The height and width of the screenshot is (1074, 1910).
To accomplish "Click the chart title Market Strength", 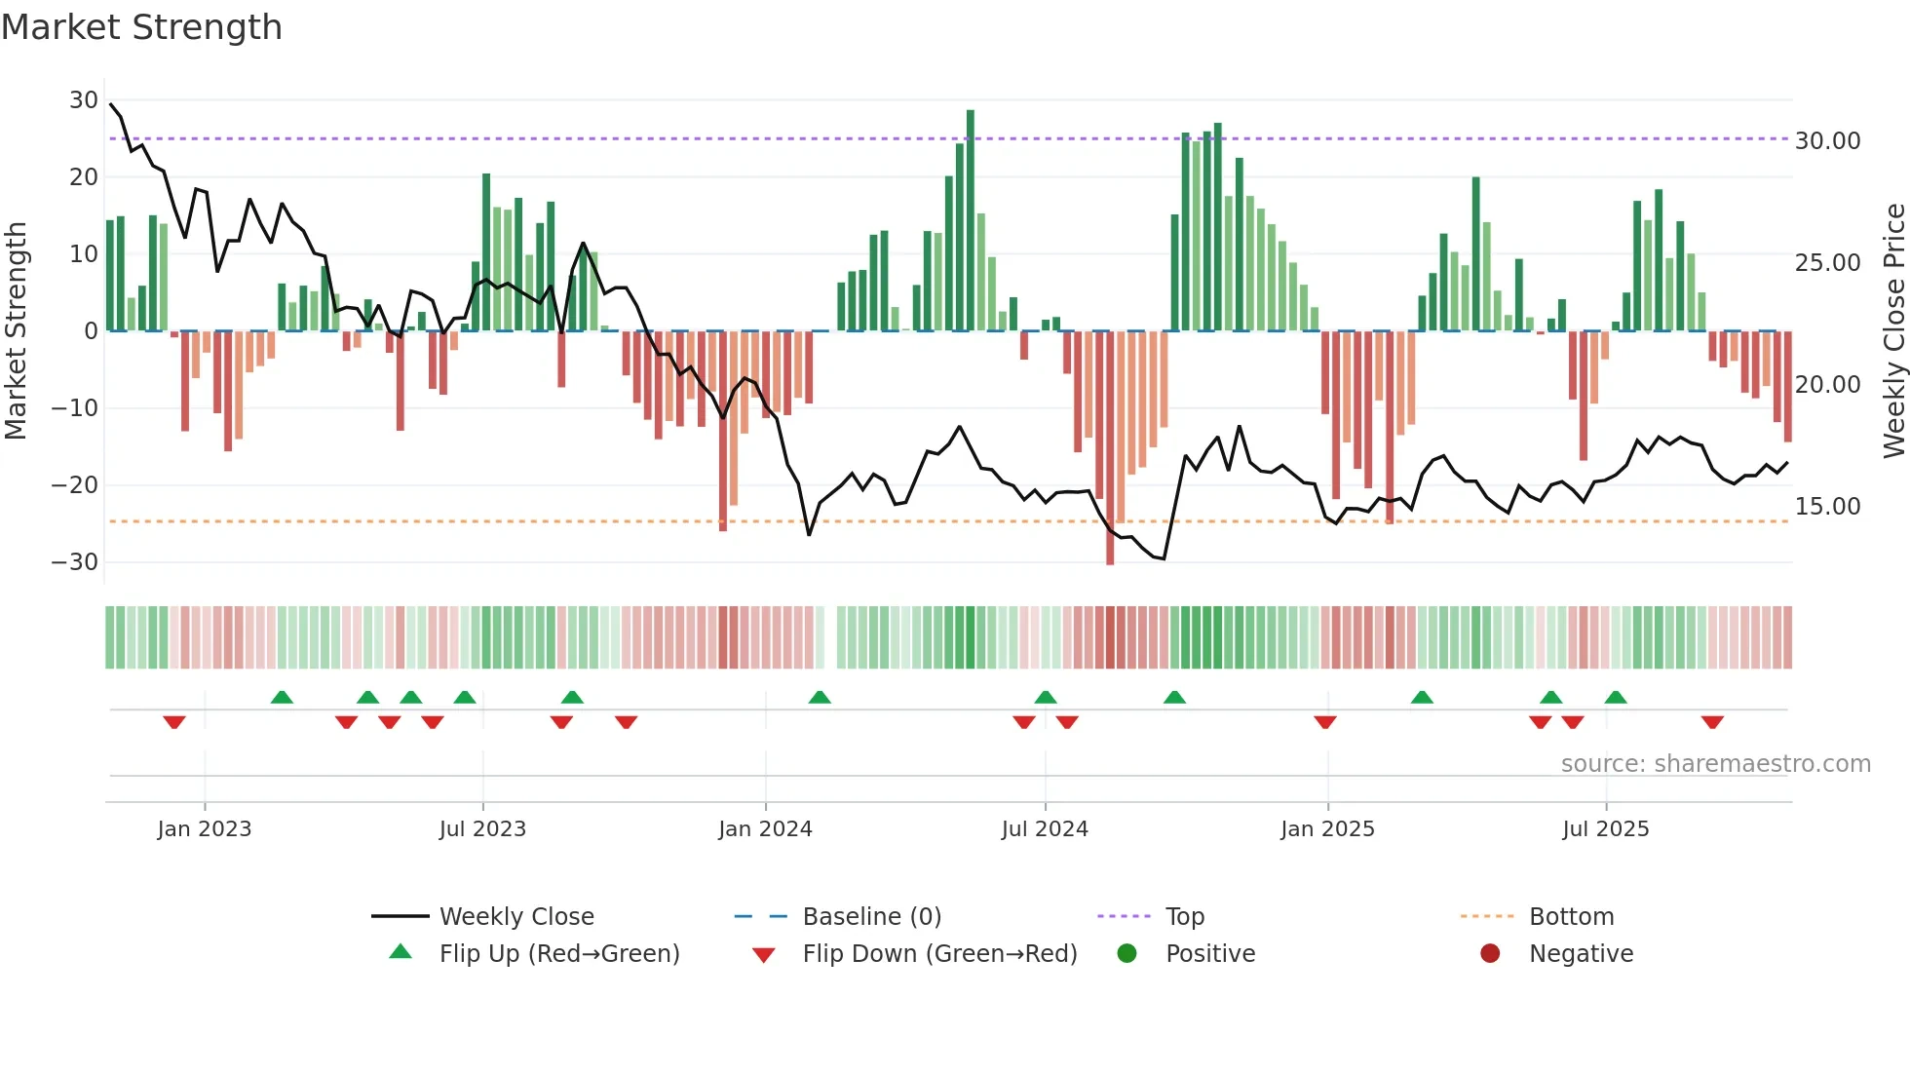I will pos(141,27).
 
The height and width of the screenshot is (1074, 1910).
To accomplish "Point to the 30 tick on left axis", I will pos(84,100).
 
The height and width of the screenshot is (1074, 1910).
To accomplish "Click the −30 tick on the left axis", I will pos(75,562).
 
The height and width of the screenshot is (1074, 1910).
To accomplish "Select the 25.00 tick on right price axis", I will pos(1827,263).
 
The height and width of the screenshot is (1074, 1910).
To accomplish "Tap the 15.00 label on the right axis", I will pos(1827,507).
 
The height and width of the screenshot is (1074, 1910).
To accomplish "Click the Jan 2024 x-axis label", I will pos(765,829).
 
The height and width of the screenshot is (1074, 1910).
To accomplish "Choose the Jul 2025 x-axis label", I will pos(1605,829).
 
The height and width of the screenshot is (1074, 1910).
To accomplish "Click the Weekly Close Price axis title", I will pos(1893,331).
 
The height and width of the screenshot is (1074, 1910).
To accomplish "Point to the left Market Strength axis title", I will pos(16,331).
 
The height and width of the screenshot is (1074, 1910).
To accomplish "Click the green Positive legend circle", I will pos(1127,954).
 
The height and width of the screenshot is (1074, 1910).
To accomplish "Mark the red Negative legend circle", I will pos(1490,954).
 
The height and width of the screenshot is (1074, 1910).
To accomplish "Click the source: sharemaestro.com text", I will pos(1715,764).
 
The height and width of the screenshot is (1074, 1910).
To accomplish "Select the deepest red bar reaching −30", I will pos(1110,448).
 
